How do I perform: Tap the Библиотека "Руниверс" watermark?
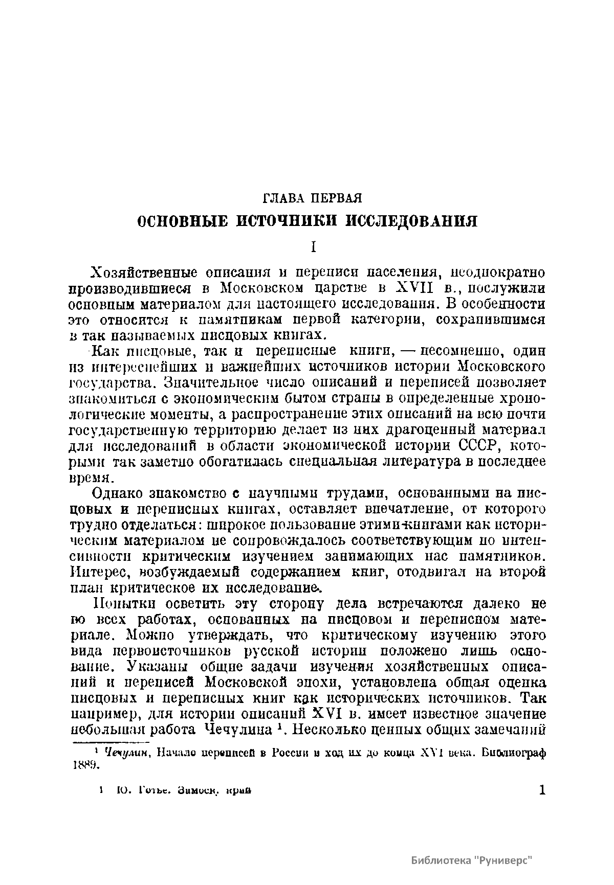pyautogui.click(x=472, y=860)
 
